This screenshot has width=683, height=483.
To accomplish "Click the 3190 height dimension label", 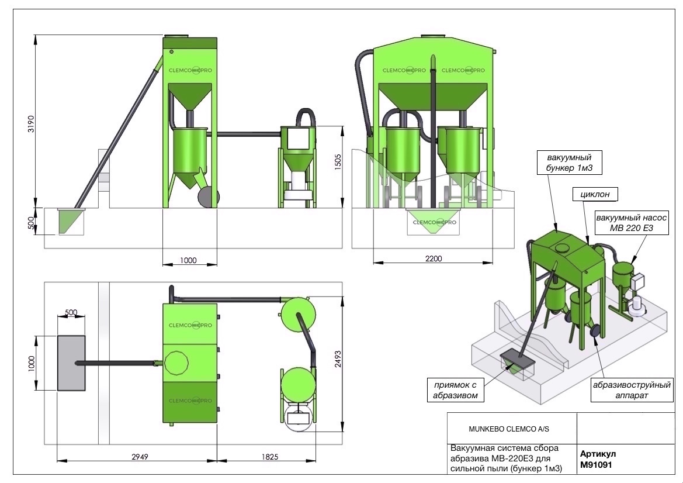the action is (x=30, y=124).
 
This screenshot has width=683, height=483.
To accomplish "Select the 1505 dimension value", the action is (x=338, y=162).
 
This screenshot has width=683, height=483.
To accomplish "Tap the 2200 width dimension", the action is (x=434, y=258).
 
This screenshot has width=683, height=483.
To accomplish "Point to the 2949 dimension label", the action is (x=140, y=457).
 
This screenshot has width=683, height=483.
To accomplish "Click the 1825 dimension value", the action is (x=269, y=457).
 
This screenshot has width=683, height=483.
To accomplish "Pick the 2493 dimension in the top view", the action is (x=338, y=359).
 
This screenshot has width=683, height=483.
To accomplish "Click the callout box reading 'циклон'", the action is (x=595, y=194).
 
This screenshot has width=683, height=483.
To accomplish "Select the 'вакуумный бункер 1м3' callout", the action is (x=569, y=163).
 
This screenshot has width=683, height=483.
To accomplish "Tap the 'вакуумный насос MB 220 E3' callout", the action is (x=631, y=223).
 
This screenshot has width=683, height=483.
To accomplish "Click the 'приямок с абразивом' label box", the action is (x=455, y=390).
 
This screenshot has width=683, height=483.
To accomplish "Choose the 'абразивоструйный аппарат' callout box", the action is (x=632, y=390).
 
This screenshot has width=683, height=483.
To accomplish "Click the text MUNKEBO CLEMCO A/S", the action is (x=509, y=429).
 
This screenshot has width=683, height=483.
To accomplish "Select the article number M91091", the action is (x=596, y=465).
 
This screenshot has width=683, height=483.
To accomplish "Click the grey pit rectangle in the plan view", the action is (x=71, y=363).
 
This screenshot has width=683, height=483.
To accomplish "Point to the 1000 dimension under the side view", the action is (x=188, y=260).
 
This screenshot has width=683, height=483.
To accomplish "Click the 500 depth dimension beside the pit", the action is (x=30, y=223).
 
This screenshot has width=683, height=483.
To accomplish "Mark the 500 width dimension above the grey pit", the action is (x=71, y=312).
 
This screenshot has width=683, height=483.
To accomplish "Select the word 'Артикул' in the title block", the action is (x=598, y=454).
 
